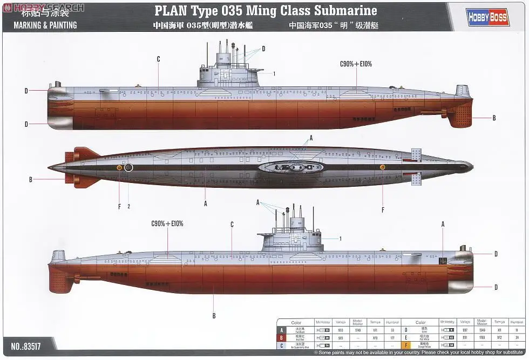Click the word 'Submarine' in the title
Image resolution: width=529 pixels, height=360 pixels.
click(x=345, y=10)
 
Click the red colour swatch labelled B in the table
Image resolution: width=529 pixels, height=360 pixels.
click(x=281, y=337)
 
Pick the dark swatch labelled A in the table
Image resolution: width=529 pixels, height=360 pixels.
click(x=281, y=329)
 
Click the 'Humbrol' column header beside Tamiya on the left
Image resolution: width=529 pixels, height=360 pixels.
click(x=392, y=322)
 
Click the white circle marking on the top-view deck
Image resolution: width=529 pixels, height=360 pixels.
click(x=128, y=168)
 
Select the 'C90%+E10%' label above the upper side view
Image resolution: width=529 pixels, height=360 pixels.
click(x=356, y=64)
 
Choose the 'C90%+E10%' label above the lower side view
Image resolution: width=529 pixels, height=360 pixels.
click(x=167, y=223)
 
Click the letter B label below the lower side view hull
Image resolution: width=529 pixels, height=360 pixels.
click(x=214, y=316)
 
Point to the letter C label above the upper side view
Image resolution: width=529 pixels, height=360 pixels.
click(x=158, y=59)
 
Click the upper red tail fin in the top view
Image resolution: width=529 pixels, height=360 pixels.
click(x=80, y=154)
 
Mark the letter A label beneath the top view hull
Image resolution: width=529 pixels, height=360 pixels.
click(x=206, y=203)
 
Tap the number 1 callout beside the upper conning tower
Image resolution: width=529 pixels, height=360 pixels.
click(x=274, y=73)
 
